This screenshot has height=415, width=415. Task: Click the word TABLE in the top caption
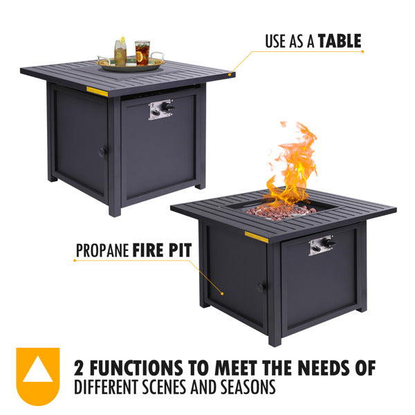340,41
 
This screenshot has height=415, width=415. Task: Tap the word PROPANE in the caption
102,250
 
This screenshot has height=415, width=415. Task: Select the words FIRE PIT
162,250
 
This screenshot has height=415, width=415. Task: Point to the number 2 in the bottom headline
79,368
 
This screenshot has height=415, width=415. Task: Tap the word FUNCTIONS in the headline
136,368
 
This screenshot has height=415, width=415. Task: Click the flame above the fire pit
293,164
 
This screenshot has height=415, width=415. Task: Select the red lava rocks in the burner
281,212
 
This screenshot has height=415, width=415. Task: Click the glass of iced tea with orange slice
142,53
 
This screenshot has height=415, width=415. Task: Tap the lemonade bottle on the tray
120,52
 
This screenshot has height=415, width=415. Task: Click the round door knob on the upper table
102,152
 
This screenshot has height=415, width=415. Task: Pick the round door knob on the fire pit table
261,287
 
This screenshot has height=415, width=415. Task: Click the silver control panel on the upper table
161,109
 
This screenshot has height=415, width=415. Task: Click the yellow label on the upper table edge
97,91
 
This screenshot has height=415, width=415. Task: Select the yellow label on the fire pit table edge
256,237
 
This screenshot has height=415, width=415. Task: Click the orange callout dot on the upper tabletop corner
230,75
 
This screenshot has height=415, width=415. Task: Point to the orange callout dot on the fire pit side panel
222,294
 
